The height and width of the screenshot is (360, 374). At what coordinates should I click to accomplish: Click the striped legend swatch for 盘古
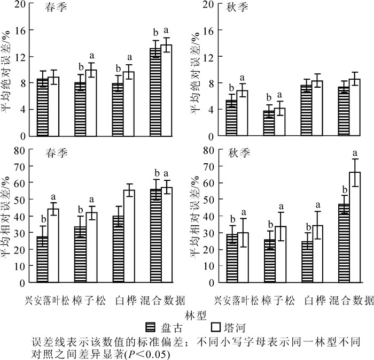152,325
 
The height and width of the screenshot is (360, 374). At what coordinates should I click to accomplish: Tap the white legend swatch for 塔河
216,325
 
